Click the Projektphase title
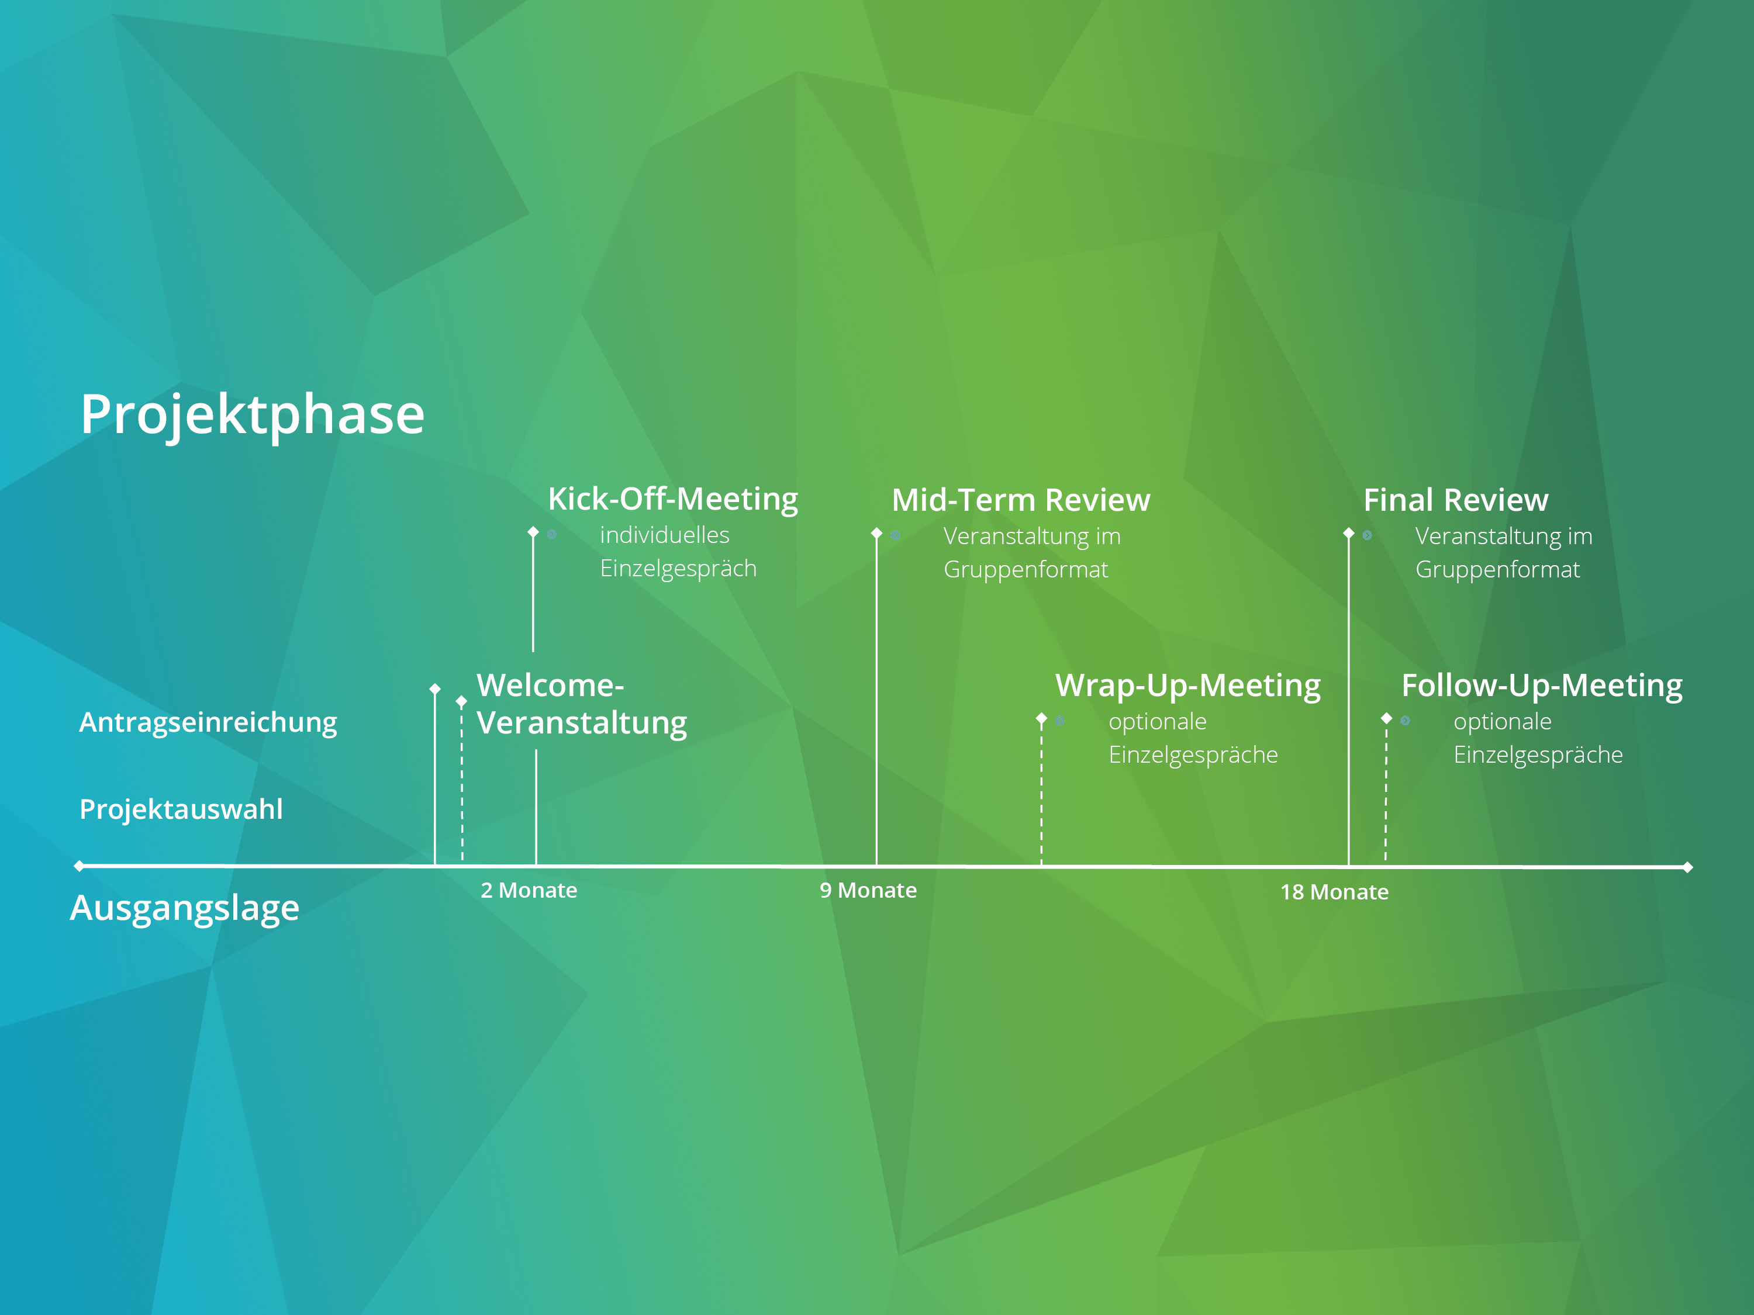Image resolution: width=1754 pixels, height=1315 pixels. pyautogui.click(x=252, y=414)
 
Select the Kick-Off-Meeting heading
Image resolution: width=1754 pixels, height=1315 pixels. pyautogui.click(x=673, y=499)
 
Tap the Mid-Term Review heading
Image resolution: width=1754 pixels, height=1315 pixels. pyautogui.click(x=1020, y=500)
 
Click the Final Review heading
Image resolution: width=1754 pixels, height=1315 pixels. pyautogui.click(x=1456, y=500)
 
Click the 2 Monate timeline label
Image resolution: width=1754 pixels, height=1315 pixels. pyautogui.click(x=529, y=890)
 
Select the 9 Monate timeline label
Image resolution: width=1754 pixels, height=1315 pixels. pyautogui.click(x=868, y=890)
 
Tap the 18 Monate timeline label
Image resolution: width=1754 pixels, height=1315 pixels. pyautogui.click(x=1335, y=892)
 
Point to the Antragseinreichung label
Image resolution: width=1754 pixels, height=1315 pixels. pyautogui.click(x=208, y=723)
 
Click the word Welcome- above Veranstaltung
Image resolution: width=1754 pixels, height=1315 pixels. pyautogui.click(x=550, y=685)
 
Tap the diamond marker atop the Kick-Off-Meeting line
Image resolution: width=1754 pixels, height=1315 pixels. pyautogui.click(x=533, y=532)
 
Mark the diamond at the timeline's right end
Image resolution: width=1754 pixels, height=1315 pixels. pyautogui.click(x=1687, y=867)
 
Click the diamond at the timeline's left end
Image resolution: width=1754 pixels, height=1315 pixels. pyautogui.click(x=80, y=866)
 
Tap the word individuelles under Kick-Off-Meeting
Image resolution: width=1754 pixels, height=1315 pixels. pyautogui.click(x=665, y=535)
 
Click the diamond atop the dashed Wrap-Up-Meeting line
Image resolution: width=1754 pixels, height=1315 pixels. pyautogui.click(x=1041, y=718)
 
